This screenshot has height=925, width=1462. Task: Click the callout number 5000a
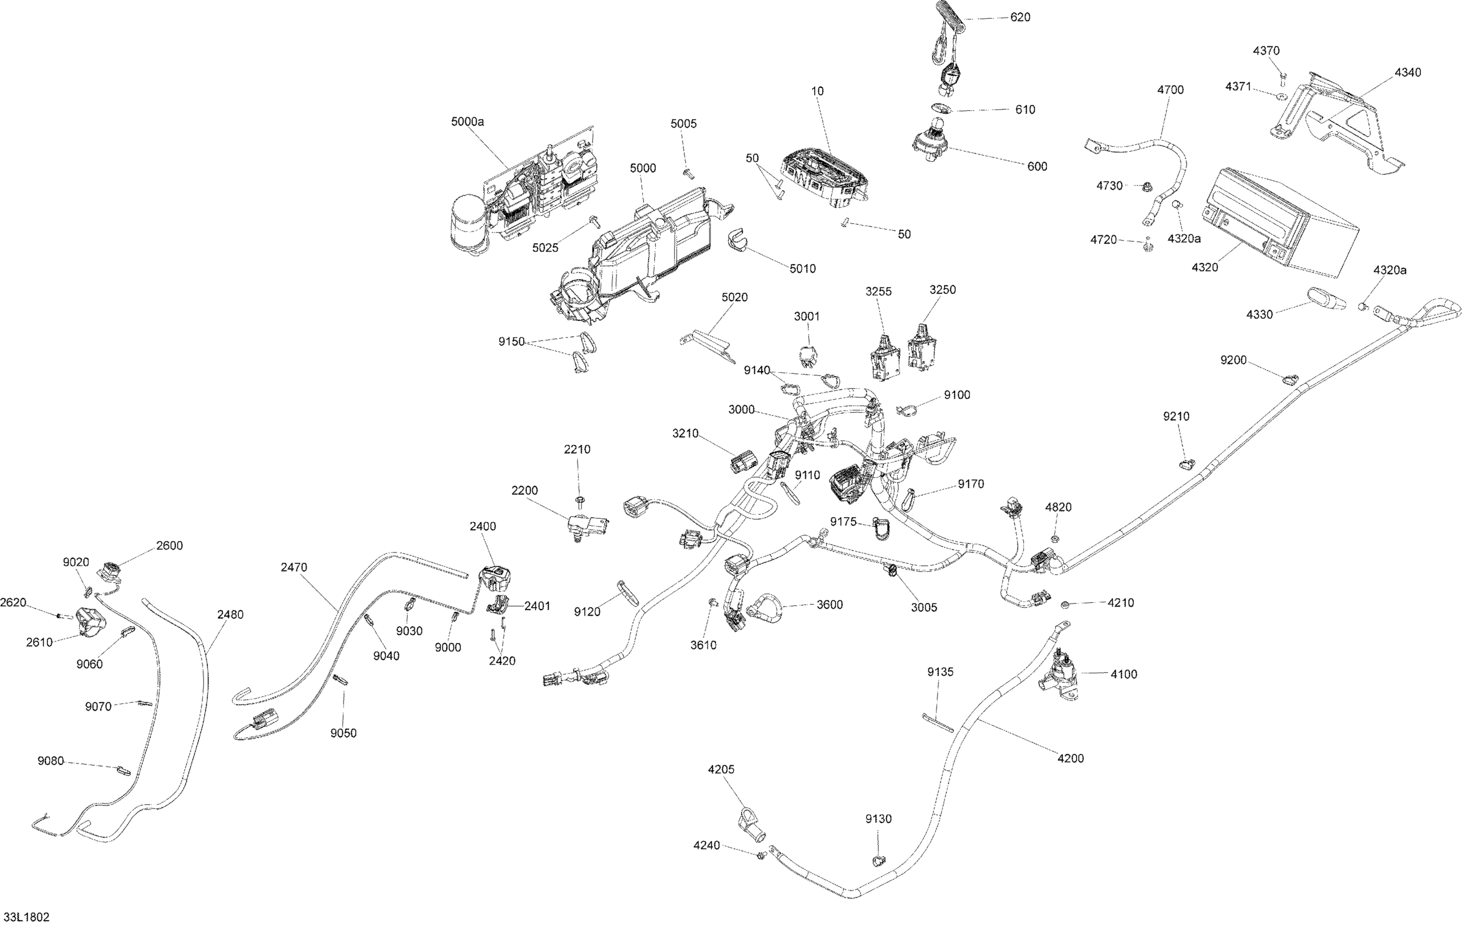(x=467, y=121)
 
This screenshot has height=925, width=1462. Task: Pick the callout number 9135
(x=941, y=672)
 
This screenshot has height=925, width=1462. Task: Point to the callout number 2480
(x=230, y=615)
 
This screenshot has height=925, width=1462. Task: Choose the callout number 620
(x=1020, y=17)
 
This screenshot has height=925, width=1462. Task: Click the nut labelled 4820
(x=1055, y=538)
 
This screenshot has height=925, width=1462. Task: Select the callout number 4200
(x=1070, y=758)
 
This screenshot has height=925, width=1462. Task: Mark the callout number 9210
(x=1176, y=416)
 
